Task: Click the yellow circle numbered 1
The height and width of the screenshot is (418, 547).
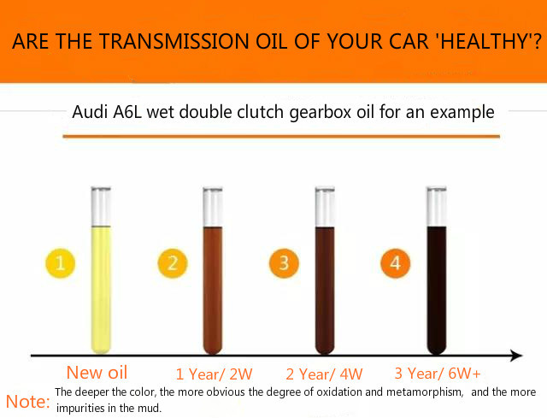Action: click(61, 263)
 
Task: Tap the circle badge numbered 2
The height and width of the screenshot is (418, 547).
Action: click(173, 263)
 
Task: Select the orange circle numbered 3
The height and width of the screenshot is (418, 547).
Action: click(284, 263)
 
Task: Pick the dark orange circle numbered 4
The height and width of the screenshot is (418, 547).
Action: click(395, 263)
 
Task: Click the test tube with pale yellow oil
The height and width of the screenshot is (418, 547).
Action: click(101, 270)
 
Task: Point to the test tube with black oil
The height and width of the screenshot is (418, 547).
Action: click(437, 270)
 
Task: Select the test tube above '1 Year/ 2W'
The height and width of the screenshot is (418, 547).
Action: click(213, 270)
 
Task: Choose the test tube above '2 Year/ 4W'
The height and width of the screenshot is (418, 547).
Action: click(325, 270)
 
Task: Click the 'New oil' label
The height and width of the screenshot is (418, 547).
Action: click(97, 373)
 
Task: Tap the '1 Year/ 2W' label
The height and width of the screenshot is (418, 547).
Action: click(214, 374)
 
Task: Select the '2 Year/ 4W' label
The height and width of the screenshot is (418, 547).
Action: click(324, 374)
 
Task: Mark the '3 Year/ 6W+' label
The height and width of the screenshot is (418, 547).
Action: click(438, 374)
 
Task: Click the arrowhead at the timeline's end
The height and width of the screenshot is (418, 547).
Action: click(516, 356)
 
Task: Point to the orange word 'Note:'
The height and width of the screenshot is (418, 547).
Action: click(28, 402)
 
